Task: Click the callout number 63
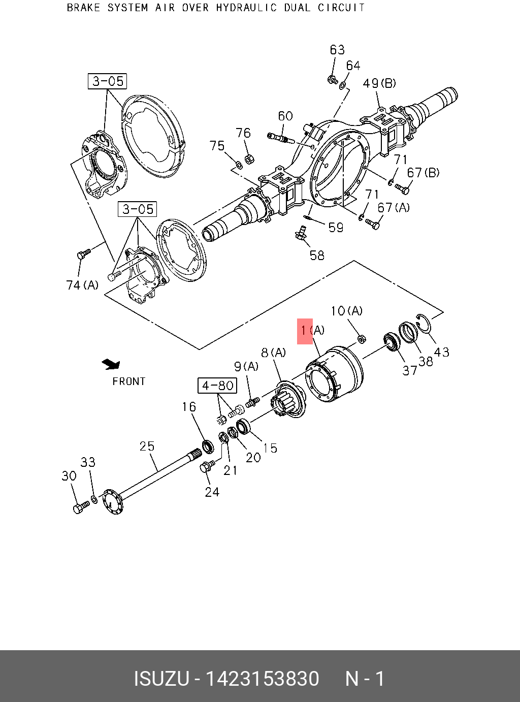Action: (x=337, y=50)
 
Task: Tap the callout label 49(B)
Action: (x=379, y=83)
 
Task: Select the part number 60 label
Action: (x=285, y=116)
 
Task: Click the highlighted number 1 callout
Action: (x=304, y=330)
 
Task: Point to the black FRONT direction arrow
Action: (x=111, y=364)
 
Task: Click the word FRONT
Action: (x=129, y=381)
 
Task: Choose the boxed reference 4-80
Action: (x=217, y=386)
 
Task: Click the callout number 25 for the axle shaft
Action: (x=147, y=446)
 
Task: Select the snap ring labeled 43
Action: (x=424, y=324)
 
